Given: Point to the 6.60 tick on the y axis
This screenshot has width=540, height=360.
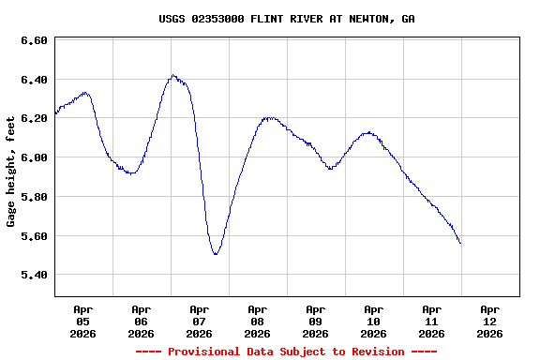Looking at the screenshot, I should point(34,41).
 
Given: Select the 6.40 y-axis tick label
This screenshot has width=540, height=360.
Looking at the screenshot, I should point(34,81).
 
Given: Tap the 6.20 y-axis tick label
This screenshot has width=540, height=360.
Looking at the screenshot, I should point(34,119).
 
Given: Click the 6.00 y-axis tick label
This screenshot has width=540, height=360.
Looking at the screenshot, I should point(34,157).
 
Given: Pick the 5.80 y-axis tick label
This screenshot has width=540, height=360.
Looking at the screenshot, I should point(34,197).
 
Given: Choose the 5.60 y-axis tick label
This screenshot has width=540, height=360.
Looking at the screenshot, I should point(34,236).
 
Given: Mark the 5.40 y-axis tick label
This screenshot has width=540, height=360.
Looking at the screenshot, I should point(34,275).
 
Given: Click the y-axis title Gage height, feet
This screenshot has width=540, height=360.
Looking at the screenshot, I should point(11,171).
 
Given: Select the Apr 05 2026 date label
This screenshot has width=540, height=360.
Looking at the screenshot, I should point(82,321).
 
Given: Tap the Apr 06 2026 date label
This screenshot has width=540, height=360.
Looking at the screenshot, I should point(141,321).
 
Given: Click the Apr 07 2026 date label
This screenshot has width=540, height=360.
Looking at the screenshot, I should point(199,321).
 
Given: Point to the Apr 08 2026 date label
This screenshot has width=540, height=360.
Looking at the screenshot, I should point(257,321).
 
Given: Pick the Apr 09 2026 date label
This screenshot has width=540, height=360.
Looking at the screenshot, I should point(315,321).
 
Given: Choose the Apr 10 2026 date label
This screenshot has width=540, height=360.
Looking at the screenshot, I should point(373,321).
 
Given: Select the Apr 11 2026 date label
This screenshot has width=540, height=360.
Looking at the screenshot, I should point(431,321).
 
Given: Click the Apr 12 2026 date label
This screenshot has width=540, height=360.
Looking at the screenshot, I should point(489,321).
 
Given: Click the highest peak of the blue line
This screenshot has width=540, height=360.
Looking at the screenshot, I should point(173,75).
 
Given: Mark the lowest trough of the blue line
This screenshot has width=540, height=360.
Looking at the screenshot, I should point(216,254).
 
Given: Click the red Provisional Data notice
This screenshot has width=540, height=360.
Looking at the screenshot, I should point(287,352).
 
